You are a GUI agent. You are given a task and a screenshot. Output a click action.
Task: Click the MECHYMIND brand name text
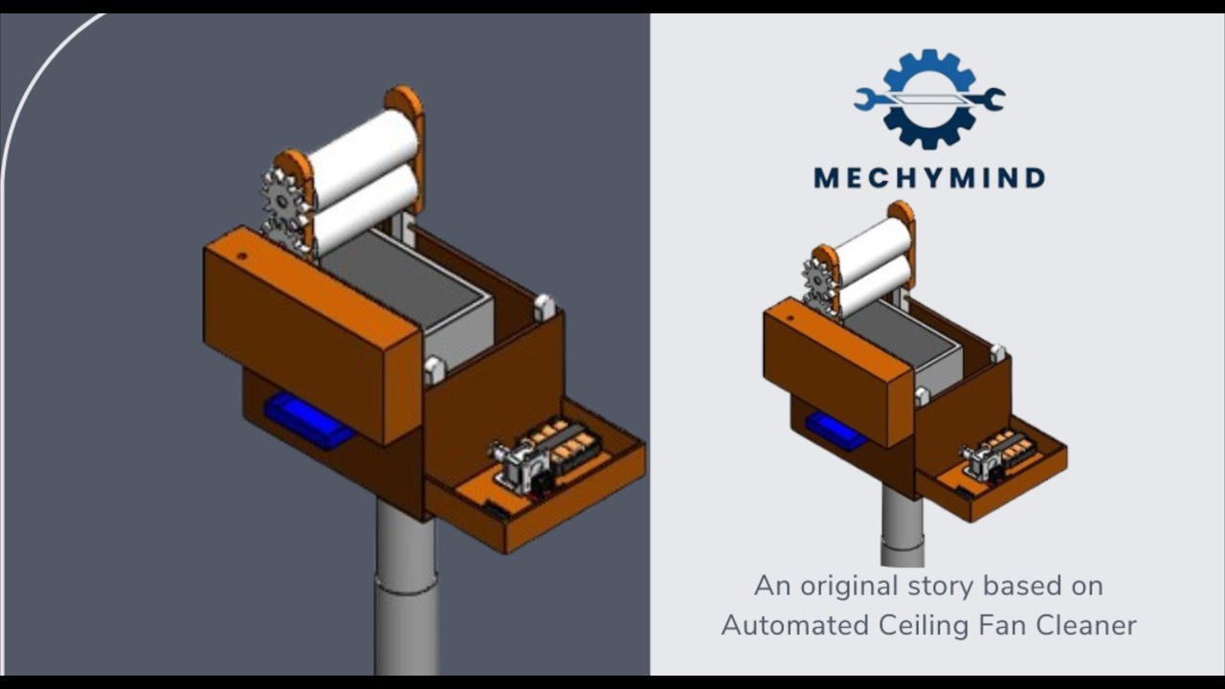(928, 178)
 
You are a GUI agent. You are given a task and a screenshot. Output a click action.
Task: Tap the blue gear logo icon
(929, 99)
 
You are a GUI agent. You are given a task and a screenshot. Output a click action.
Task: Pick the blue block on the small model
(835, 430)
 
